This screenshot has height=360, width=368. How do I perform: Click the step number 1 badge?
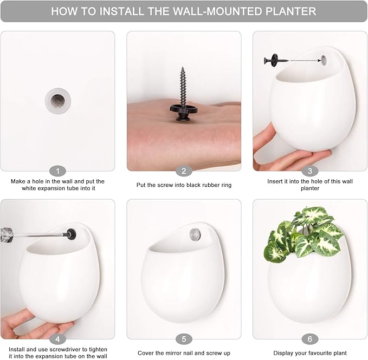coord(57,171)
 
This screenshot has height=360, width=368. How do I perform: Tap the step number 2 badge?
coord(184,171)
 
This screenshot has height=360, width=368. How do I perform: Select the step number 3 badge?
coord(309,171)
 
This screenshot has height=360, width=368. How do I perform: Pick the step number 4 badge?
coord(57,339)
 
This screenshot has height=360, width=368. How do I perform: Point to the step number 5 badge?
coord(184,339)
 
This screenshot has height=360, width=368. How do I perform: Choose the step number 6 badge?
coord(309,339)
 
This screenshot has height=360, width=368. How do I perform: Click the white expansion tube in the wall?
coord(57,100)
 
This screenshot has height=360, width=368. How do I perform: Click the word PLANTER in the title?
coord(285,11)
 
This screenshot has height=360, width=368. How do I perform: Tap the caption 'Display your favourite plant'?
coord(309,353)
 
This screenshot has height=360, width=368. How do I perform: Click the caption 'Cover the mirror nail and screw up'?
coord(184,353)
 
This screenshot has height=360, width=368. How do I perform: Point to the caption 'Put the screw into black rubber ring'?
coord(184,185)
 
